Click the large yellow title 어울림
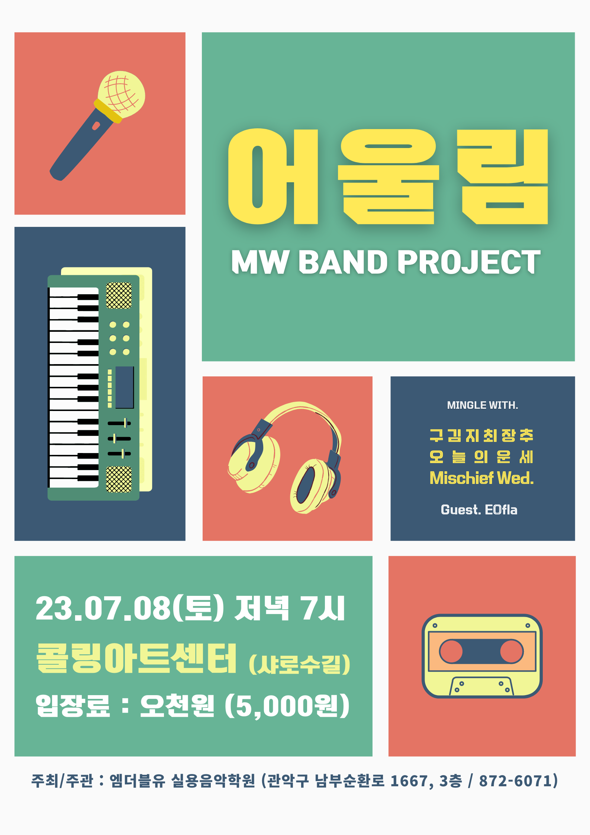point(388,177)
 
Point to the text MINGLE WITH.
point(483,405)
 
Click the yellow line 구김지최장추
point(481,435)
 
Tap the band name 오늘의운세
point(481,456)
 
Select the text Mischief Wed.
point(482,478)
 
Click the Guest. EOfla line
point(479,510)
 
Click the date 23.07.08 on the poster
point(103,608)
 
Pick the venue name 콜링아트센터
point(136,658)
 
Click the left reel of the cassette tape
point(451,651)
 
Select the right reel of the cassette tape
point(512,651)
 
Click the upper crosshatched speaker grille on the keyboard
point(119,296)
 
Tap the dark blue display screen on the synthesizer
point(125,387)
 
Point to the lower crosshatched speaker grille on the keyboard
point(119,479)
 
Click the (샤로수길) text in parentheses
point(300,664)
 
